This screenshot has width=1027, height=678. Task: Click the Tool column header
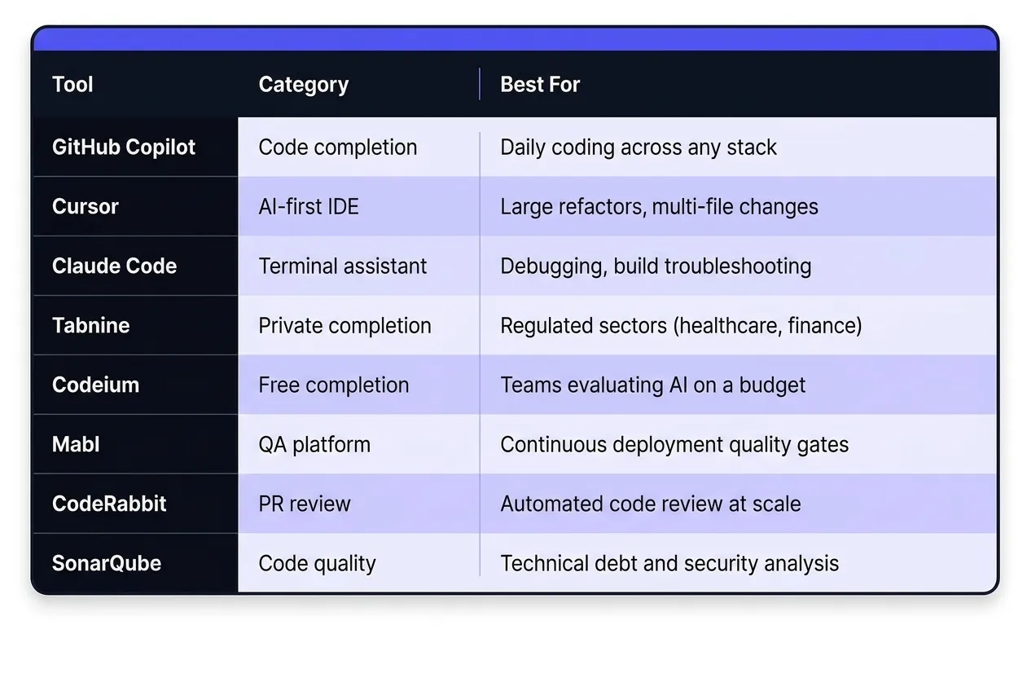coord(72,85)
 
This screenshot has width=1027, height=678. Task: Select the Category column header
coord(303,85)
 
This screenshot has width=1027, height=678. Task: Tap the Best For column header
coord(539,85)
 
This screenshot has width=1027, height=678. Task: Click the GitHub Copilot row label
coord(124,147)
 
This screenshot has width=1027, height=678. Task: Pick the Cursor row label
coord(86,207)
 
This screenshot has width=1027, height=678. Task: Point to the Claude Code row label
coord(114,266)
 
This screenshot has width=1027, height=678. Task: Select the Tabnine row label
coord(90,326)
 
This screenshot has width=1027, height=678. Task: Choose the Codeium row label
coord(95,385)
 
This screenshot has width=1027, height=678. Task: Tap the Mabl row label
coord(76,445)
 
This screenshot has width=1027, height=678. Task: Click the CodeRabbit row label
coord(109,504)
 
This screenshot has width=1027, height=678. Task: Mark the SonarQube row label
coord(107,564)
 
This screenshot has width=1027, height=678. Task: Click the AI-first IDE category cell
coord(309,207)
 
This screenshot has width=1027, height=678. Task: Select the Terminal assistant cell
coord(342,266)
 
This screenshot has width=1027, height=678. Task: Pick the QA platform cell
coord(314,445)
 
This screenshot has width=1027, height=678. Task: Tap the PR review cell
coord(304,504)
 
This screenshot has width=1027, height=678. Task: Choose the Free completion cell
coord(334,385)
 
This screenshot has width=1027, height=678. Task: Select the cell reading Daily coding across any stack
coord(639,147)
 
